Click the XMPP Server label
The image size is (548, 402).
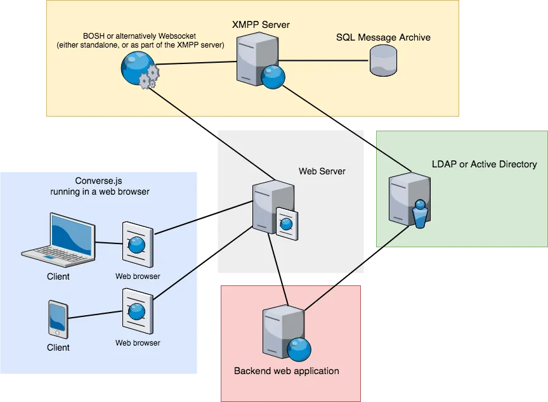click(x=261, y=25)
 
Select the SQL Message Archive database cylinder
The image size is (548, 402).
click(x=383, y=61)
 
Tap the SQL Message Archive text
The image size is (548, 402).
click(x=383, y=37)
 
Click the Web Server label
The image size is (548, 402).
click(x=322, y=171)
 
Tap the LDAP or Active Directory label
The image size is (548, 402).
click(x=484, y=164)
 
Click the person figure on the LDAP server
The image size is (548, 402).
click(x=420, y=214)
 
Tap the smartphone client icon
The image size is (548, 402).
click(x=58, y=319)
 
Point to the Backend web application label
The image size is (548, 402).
click(x=287, y=371)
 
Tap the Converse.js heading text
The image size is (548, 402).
click(x=100, y=186)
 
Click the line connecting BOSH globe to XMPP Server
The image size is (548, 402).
click(x=197, y=63)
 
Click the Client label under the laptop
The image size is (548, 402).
click(x=58, y=276)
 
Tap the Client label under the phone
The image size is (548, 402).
click(x=58, y=347)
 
